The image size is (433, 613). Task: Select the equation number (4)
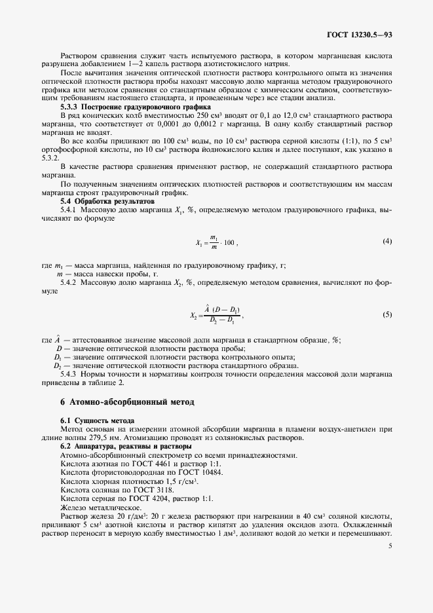click(x=387, y=242)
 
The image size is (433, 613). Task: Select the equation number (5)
click(x=387, y=314)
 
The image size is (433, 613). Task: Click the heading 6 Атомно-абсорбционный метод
click(x=128, y=400)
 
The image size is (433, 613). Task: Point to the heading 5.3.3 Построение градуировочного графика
click(x=135, y=105)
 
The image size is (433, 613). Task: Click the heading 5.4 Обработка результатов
click(x=112, y=201)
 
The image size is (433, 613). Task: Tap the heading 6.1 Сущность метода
click(x=97, y=419)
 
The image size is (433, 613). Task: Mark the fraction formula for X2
click(x=216, y=315)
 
